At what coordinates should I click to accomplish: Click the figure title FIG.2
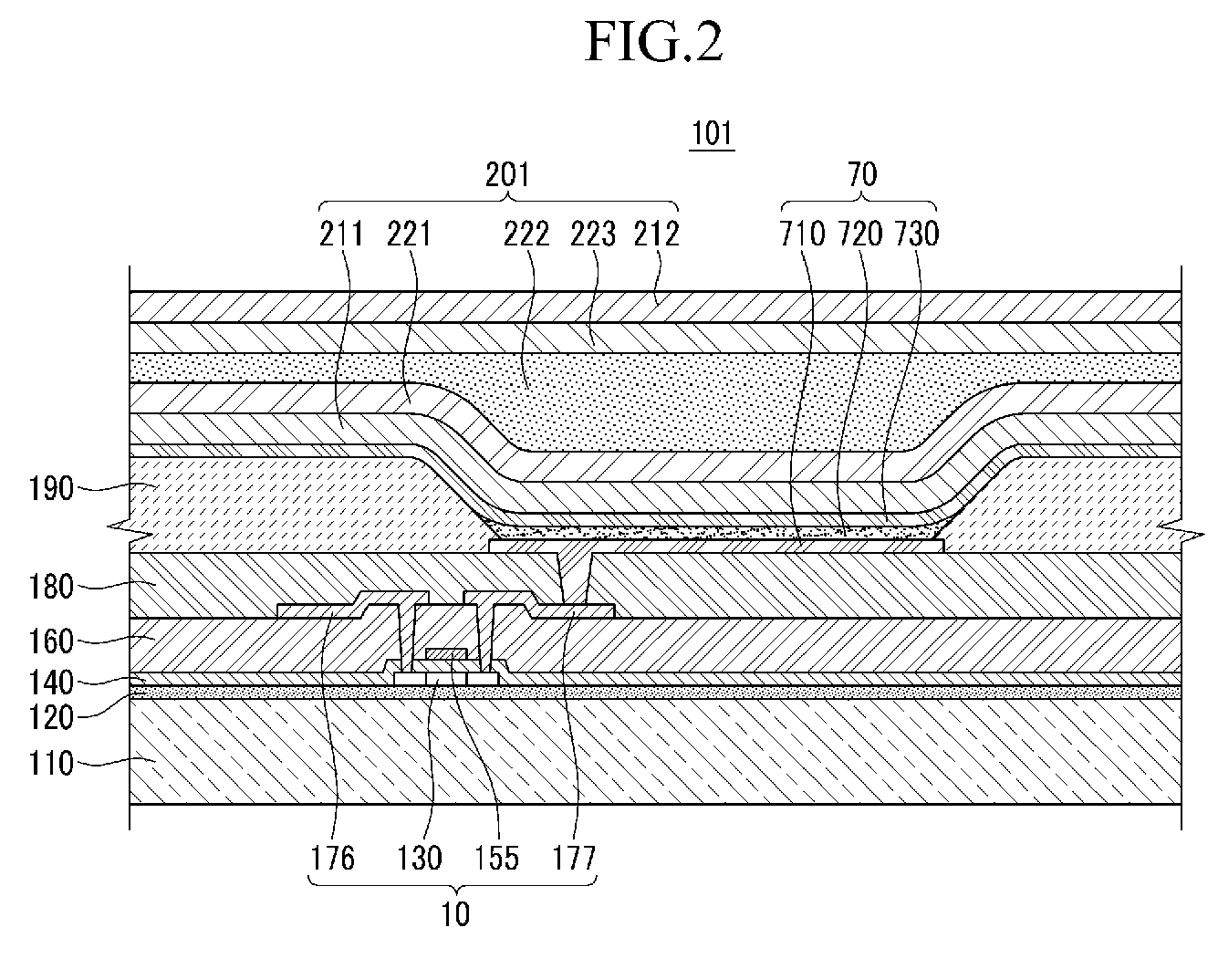pyautogui.click(x=653, y=43)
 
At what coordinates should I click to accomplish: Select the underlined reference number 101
pyautogui.click(x=712, y=134)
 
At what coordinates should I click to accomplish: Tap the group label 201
pyautogui.click(x=507, y=174)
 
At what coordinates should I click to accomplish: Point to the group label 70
pyautogui.click(x=861, y=174)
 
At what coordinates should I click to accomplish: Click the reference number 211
pyautogui.click(x=341, y=235)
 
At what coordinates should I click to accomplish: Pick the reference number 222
pyautogui.click(x=526, y=235)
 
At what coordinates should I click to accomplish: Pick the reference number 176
pyautogui.click(x=332, y=858)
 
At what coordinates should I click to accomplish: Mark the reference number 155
pyautogui.click(x=496, y=858)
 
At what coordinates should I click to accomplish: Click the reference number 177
pyautogui.click(x=574, y=858)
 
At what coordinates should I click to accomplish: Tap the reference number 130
pyautogui.click(x=420, y=858)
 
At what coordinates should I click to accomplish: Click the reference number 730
pyautogui.click(x=917, y=235)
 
